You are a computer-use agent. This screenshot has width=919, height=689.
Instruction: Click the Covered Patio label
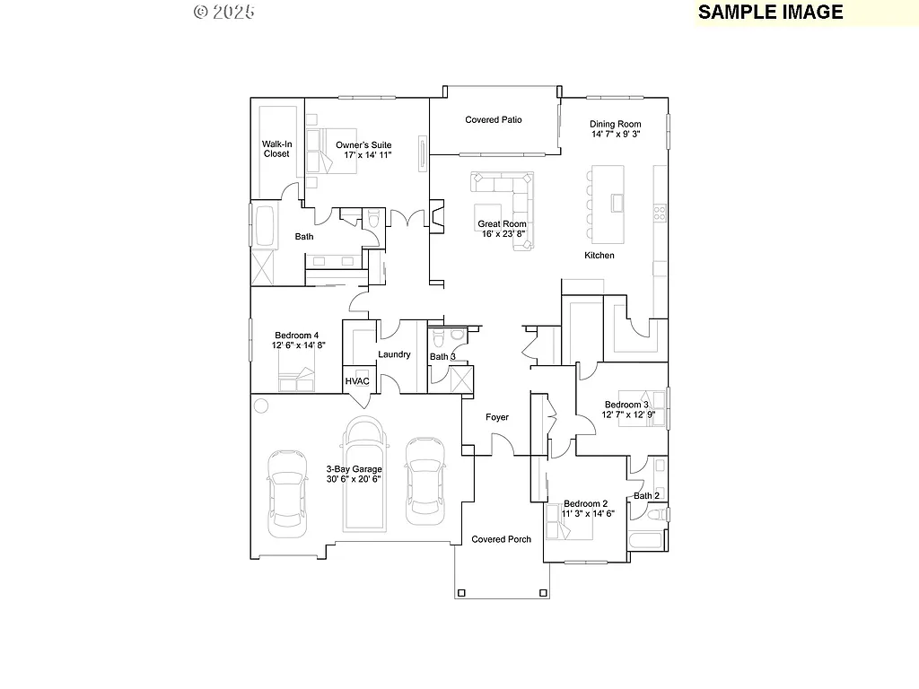click(493, 119)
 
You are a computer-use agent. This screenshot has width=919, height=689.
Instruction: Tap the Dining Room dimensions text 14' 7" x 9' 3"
click(615, 135)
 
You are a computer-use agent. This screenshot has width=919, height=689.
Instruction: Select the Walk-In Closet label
click(276, 149)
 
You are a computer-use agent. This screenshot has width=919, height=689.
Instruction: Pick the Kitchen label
click(600, 256)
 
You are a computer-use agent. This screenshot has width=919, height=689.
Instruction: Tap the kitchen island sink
click(617, 203)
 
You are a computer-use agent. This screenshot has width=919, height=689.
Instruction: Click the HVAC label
click(357, 381)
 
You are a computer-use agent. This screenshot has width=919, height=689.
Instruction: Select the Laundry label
click(394, 355)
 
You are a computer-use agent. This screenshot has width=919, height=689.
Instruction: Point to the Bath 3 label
click(442, 357)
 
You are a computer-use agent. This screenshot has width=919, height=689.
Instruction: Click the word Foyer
click(497, 417)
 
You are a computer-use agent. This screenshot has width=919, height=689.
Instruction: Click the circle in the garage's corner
click(261, 406)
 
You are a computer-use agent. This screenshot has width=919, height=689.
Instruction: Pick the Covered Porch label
click(502, 539)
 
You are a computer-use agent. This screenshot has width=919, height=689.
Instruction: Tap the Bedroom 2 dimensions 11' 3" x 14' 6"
click(589, 514)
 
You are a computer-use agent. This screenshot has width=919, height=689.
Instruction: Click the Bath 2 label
click(646, 496)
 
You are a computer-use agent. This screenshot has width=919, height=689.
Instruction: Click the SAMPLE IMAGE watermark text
click(770, 12)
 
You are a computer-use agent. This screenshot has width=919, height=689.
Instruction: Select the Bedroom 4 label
click(295, 335)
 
